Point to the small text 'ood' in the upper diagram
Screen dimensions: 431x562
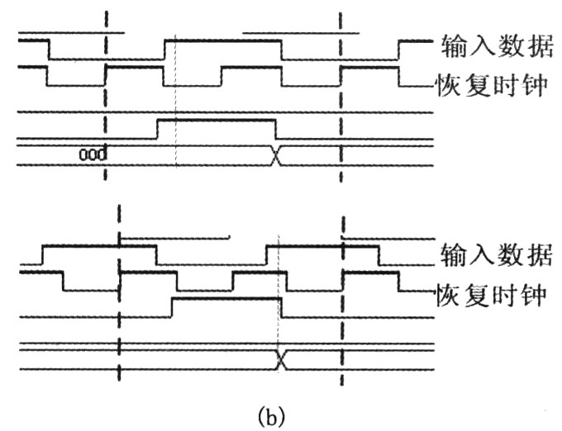click(93, 154)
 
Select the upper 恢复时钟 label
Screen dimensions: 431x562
click(491, 84)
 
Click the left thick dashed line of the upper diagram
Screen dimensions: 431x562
click(106, 99)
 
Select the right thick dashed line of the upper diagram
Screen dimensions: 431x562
click(340, 99)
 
